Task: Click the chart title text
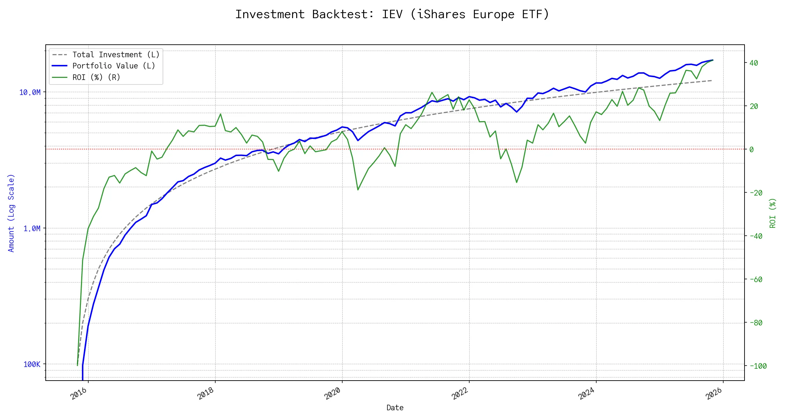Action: [x=392, y=14]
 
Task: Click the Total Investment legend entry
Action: [x=115, y=55]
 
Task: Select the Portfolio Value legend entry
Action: [x=113, y=66]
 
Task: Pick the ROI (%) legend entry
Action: [x=96, y=78]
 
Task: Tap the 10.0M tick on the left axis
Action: [x=30, y=92]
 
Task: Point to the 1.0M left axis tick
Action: [x=32, y=228]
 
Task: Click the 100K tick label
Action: [x=32, y=365]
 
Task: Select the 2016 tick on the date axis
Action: [x=79, y=394]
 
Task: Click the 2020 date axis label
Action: [x=332, y=394]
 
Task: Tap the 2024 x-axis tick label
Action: [x=586, y=394]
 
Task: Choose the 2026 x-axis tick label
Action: [x=714, y=394]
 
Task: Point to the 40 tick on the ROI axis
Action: [x=754, y=63]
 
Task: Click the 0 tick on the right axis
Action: [x=752, y=149]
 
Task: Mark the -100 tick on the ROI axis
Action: [x=758, y=366]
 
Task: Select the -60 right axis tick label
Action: [x=756, y=279]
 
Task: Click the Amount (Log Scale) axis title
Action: [x=11, y=213]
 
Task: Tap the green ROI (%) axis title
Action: [x=773, y=213]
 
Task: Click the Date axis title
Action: [x=395, y=408]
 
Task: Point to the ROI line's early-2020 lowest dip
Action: [x=358, y=190]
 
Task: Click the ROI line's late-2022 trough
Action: [x=517, y=182]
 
